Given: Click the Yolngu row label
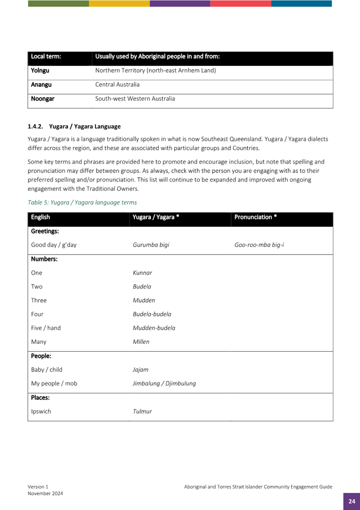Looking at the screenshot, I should [x=40, y=70].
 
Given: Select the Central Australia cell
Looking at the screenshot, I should [x=117, y=85].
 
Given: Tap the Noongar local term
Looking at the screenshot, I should [x=43, y=99].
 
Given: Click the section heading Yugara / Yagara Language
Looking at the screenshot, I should [x=85, y=126].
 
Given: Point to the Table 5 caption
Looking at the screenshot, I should [x=82, y=202].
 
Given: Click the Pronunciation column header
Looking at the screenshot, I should [x=255, y=217].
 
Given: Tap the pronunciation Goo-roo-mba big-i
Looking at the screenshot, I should [x=259, y=245].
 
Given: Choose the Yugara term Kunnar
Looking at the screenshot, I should [x=142, y=273].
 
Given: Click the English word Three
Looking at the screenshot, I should [x=39, y=300].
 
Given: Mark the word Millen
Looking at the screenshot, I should [x=141, y=342].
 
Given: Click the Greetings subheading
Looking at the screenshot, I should [x=45, y=231].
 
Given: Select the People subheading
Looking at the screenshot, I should [x=41, y=356].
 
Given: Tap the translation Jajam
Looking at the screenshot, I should [x=140, y=369].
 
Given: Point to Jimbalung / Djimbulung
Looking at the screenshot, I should [x=164, y=384].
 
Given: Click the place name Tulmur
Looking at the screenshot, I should [x=142, y=412].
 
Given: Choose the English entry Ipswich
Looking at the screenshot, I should [x=41, y=412].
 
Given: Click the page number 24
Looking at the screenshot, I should [x=351, y=501].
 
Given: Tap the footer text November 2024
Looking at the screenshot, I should [x=45, y=493].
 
